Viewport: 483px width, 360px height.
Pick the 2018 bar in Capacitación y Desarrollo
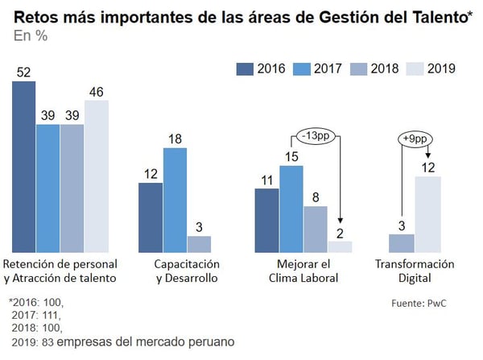tap(199, 243)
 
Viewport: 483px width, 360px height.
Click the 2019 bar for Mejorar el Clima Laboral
tap(340, 246)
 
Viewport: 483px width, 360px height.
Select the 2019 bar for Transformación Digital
tap(427, 213)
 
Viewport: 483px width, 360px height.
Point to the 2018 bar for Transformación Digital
tap(402, 243)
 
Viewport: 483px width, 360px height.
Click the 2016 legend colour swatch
tap(245, 68)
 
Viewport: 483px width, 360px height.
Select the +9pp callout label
tap(414, 138)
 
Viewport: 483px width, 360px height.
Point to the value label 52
tap(24, 72)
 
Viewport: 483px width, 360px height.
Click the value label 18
tap(175, 139)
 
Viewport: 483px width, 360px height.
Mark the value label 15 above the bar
tap(291, 156)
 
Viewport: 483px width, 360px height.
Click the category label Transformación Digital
tap(415, 271)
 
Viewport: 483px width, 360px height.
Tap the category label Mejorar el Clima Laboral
tap(303, 271)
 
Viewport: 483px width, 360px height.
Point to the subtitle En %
tap(31, 37)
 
